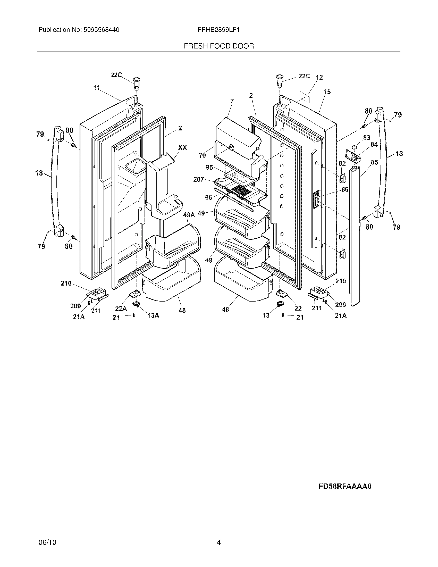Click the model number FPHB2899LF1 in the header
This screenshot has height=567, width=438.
pyautogui.click(x=218, y=30)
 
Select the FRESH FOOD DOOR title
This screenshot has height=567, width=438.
pyautogui.click(x=219, y=46)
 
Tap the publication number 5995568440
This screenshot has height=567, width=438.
pyautogui.click(x=101, y=30)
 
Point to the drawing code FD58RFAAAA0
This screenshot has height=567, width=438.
pyautogui.click(x=345, y=486)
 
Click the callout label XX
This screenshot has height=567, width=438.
pyautogui.click(x=182, y=147)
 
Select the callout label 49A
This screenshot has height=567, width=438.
pyautogui.click(x=189, y=215)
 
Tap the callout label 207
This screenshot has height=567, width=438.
pyautogui.click(x=199, y=179)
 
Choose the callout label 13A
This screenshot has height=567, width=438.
pyautogui.click(x=153, y=315)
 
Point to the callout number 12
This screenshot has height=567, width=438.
pyautogui.click(x=319, y=77)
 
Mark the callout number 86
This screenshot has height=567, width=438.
pyautogui.click(x=345, y=189)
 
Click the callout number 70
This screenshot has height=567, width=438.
pyautogui.click(x=202, y=155)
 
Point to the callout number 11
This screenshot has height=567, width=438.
pyautogui.click(x=96, y=88)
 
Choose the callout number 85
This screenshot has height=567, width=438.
pyautogui.click(x=374, y=162)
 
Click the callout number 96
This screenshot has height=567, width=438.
pyautogui.click(x=208, y=198)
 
